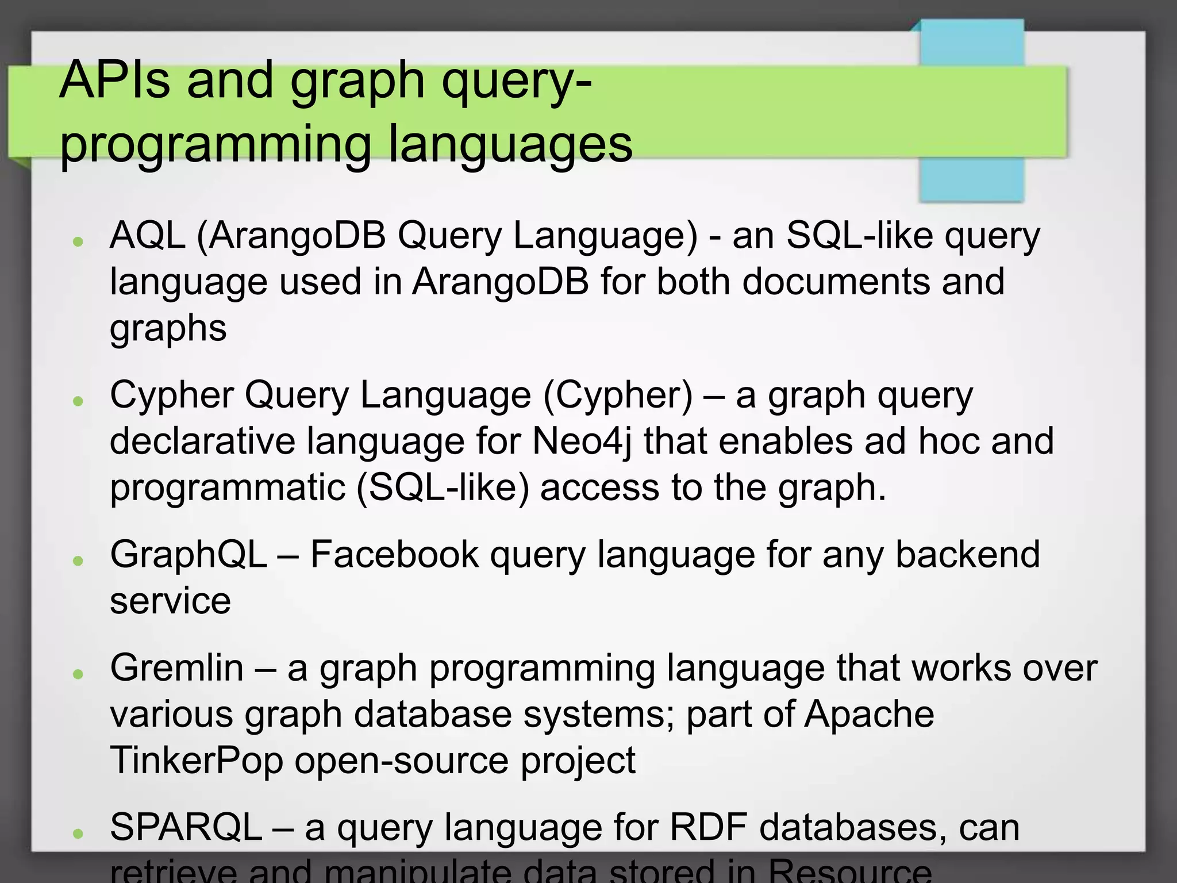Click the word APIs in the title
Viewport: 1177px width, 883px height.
(114, 80)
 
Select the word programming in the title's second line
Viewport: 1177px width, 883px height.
(216, 145)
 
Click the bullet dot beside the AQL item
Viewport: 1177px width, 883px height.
(79, 241)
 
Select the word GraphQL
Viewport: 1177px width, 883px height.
(189, 555)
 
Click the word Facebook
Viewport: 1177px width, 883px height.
(394, 555)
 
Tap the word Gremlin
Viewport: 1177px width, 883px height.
(177, 668)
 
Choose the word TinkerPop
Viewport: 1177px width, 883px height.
(197, 760)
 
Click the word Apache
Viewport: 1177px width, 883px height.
(868, 714)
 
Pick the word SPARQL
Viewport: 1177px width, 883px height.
(186, 827)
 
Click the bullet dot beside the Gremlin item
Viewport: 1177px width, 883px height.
(79, 674)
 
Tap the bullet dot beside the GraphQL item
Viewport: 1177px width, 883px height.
(79, 560)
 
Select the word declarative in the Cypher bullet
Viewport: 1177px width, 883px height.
(202, 441)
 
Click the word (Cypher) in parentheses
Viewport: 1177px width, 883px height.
(618, 396)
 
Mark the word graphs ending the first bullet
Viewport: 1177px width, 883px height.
(168, 329)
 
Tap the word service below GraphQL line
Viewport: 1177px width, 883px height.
(170, 601)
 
